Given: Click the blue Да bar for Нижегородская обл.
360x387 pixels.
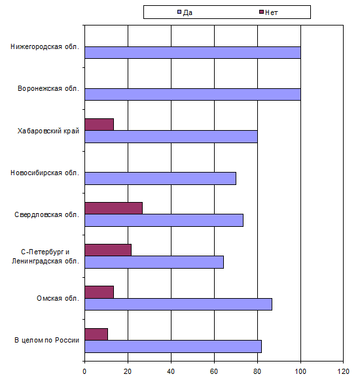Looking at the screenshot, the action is click(x=192, y=52).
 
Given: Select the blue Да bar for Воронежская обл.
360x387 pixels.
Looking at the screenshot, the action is click(x=192, y=94).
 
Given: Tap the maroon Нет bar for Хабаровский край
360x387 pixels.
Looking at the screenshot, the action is click(x=99, y=124).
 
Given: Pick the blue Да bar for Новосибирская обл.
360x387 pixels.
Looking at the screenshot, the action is click(x=160, y=178).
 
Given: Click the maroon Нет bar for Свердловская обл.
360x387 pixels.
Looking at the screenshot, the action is click(x=114, y=208).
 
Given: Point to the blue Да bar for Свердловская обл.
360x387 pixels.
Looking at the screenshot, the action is click(x=164, y=220).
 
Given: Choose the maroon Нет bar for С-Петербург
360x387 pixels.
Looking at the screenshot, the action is click(x=108, y=250).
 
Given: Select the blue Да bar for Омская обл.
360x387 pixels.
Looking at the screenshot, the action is click(x=179, y=304).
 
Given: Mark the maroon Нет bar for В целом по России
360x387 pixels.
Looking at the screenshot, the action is click(x=96, y=334).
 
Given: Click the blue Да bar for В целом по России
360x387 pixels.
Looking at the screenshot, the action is click(x=173, y=346).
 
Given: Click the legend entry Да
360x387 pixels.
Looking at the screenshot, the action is click(x=185, y=12).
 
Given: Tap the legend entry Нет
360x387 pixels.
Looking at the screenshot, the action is click(x=268, y=12).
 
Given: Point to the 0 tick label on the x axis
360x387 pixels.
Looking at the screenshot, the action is click(x=84, y=371).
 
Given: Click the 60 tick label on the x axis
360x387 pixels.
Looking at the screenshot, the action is click(x=214, y=371).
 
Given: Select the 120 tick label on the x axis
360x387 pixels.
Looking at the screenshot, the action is click(x=344, y=371).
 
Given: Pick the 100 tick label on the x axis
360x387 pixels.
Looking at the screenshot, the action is click(x=300, y=371).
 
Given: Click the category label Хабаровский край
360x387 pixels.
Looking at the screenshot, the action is click(x=48, y=131).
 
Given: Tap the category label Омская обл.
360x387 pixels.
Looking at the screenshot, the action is click(x=58, y=298).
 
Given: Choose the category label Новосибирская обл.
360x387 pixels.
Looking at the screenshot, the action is click(x=45, y=173).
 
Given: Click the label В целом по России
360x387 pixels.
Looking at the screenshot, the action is click(x=47, y=340).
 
